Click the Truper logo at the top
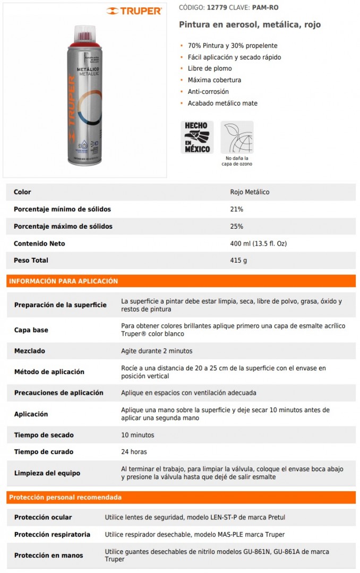click(x=133, y=11)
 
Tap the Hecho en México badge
click(x=197, y=137)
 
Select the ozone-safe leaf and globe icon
click(x=237, y=137)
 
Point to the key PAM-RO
click(x=265, y=7)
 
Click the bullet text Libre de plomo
click(x=209, y=68)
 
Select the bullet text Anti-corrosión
click(x=208, y=92)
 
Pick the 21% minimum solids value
click(x=236, y=209)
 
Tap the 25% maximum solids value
click(x=236, y=226)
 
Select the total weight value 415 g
click(x=238, y=260)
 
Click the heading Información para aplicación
click(x=64, y=281)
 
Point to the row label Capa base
click(x=31, y=330)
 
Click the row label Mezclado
click(x=30, y=351)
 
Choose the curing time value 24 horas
click(x=134, y=452)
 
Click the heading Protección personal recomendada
click(x=65, y=497)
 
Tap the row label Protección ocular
click(x=43, y=517)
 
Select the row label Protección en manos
click(x=49, y=555)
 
